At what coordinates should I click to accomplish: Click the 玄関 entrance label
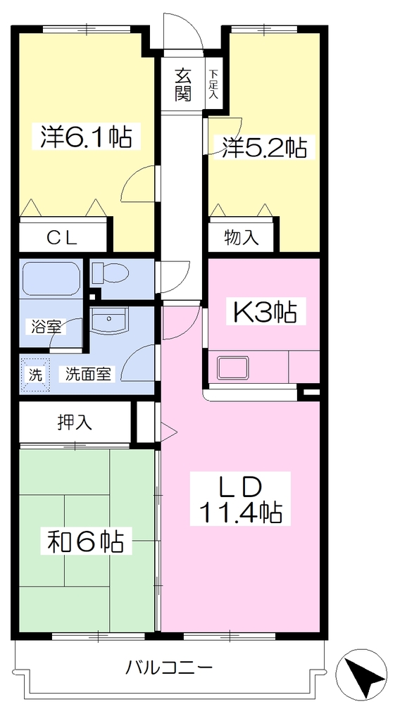182,84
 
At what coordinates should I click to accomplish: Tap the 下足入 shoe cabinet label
213,84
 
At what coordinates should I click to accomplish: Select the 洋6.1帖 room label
85,136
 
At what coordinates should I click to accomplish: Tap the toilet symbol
110,274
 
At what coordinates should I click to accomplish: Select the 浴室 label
46,327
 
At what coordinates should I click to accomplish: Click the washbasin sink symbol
109,320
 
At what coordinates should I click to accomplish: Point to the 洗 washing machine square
35,375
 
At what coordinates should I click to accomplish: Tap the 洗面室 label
88,375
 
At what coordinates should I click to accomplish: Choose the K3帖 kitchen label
265,313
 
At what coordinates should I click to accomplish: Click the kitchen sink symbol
233,367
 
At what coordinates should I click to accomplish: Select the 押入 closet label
75,422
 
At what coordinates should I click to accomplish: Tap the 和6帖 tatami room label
85,543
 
